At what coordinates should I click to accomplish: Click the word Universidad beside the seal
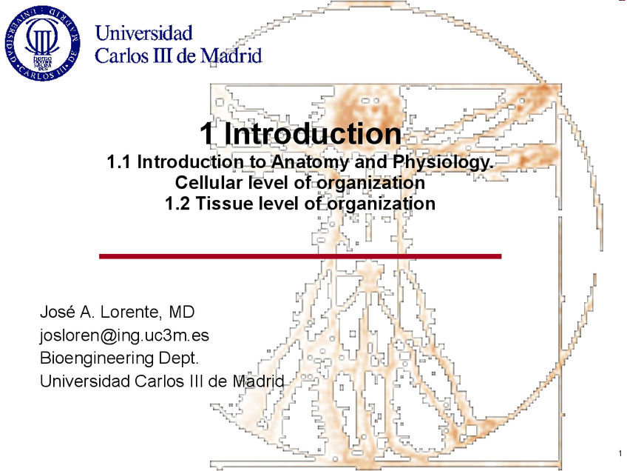tap(144, 33)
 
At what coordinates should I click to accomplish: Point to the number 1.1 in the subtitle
tap(121, 162)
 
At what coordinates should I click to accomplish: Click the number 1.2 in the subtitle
tap(178, 203)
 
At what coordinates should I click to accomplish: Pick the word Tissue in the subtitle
tap(227, 203)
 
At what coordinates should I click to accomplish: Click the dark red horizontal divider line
tap(300, 256)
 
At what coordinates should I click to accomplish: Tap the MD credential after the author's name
tap(182, 311)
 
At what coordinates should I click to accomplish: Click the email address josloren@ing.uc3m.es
tap(123, 335)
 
